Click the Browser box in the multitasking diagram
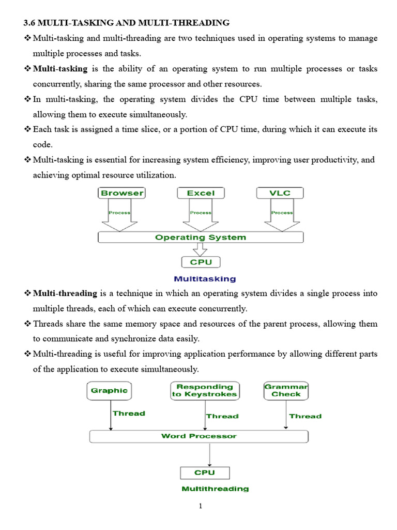point(121,193)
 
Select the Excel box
point(201,193)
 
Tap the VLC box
point(280,193)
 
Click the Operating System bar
point(201,238)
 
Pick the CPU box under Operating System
point(201,262)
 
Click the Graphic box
point(109,390)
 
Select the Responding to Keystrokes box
point(204,390)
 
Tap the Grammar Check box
point(286,390)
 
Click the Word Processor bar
point(199,436)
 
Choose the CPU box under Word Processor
point(205,473)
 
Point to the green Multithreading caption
point(215,489)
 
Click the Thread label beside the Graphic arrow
point(129,414)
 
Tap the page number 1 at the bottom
point(201,506)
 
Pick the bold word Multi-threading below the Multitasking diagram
point(65,293)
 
